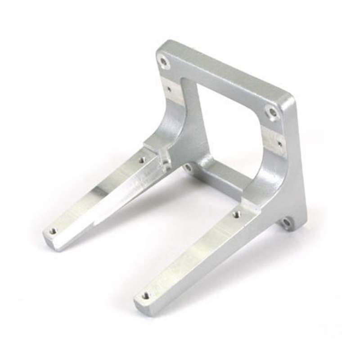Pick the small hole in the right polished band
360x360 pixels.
pyautogui.click(x=280, y=144)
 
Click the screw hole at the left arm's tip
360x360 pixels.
pyautogui.click(x=53, y=231)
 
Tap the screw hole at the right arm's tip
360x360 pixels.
pyautogui.click(x=145, y=296)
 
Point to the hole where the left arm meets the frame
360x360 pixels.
pyautogui.click(x=142, y=160)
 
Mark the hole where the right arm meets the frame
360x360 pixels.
pyautogui.click(x=237, y=215)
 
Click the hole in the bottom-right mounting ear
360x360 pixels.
pyautogui.click(x=286, y=222)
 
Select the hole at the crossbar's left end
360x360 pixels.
pyautogui.click(x=188, y=167)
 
